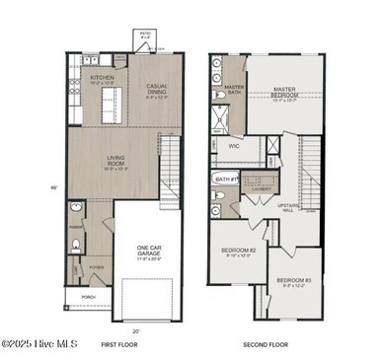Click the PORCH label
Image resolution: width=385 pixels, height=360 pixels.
pyautogui.click(x=88, y=295)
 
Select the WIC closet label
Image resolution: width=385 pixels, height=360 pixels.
pyautogui.click(x=235, y=146)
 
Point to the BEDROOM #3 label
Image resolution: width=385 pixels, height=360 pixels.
pyautogui.click(x=295, y=281)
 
